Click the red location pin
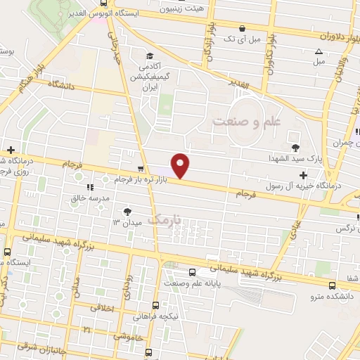[x=181, y=165]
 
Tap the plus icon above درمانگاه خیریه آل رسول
[x=303, y=175]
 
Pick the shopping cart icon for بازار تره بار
[x=142, y=169]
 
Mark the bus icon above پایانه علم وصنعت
[x=193, y=271]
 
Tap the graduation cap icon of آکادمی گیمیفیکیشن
[x=148, y=56]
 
